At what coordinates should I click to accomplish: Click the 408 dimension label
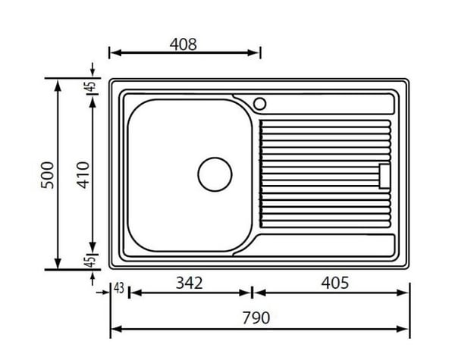pos(183,45)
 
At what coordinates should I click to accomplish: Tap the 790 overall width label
pos(256,318)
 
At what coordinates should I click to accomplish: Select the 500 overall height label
pos(47,175)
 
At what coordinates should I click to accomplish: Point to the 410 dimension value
pos(83,175)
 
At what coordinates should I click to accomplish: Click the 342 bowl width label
pos(189,283)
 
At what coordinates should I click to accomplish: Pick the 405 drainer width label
pos(335,283)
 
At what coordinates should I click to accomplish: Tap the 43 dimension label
pos(119,288)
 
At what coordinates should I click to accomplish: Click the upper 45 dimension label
pos(91,86)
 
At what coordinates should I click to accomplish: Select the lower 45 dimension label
pos(91,261)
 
